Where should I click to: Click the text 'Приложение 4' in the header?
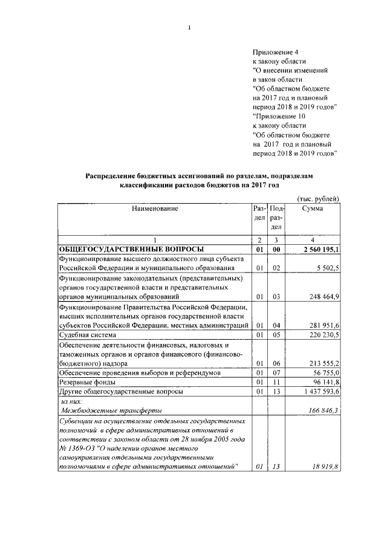[275, 53]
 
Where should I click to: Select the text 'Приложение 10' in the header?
[277, 116]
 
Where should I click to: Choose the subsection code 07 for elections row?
[275, 373]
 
